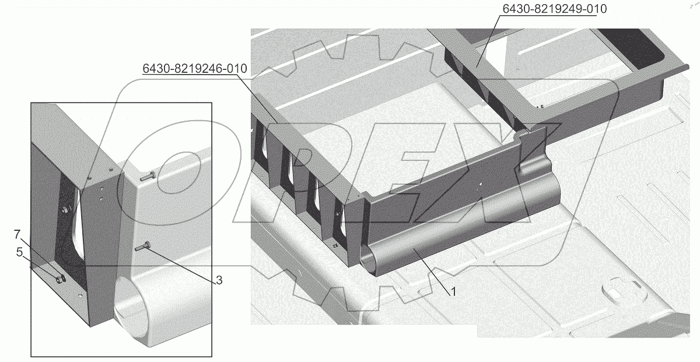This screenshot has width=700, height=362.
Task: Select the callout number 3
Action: point(218,280)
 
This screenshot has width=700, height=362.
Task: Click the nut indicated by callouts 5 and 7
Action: point(60,279)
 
